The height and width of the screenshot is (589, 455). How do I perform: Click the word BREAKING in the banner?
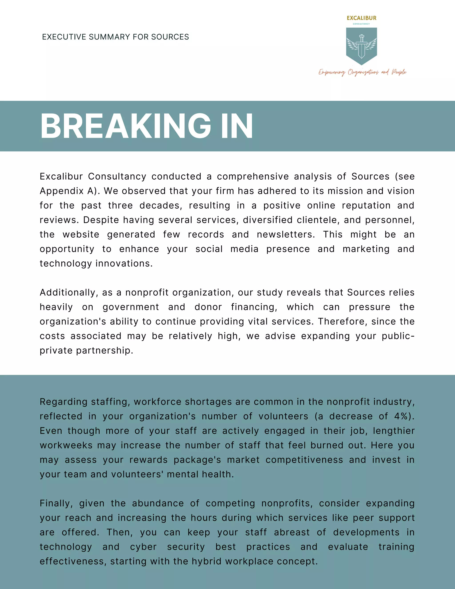(x=126, y=126)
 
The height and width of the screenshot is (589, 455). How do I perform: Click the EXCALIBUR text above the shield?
(x=361, y=18)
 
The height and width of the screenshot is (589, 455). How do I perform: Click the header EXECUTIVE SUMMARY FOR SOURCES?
(x=115, y=37)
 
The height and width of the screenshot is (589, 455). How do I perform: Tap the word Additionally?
(x=69, y=293)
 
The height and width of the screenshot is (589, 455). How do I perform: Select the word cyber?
(x=143, y=547)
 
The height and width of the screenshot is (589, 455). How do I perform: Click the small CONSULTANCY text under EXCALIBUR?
(x=361, y=24)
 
